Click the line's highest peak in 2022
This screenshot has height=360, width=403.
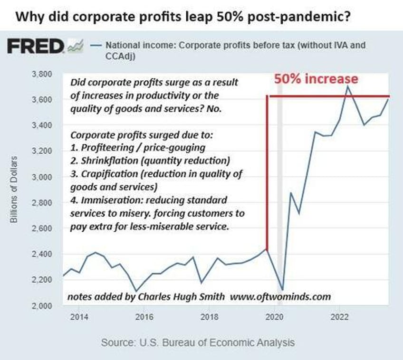pos(348,86)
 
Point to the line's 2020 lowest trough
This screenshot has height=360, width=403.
pos(283,289)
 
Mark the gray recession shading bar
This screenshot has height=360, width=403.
pos(280,190)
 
